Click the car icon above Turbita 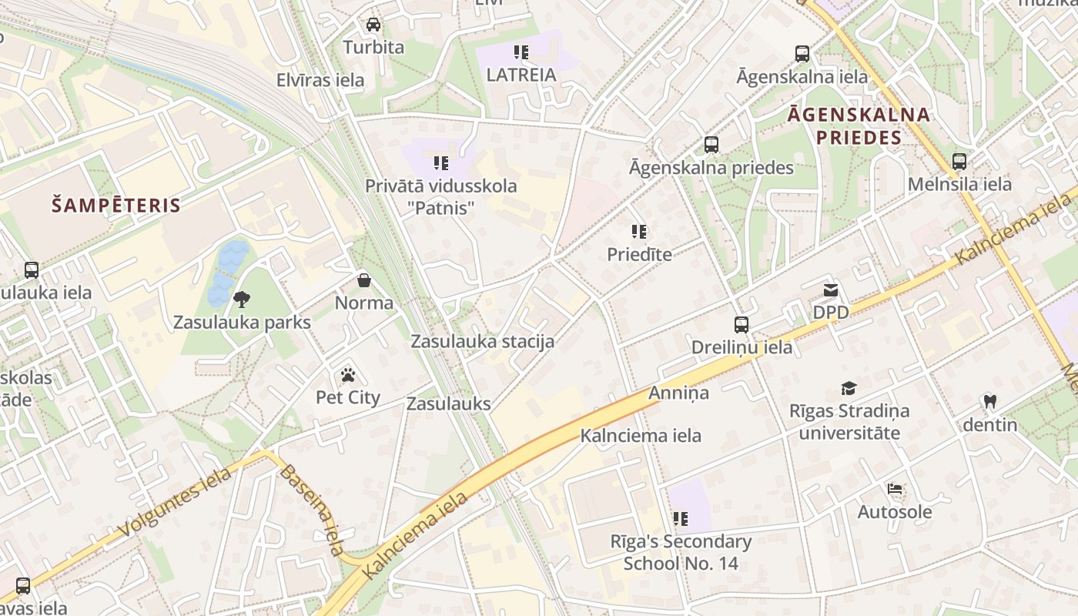click(x=373, y=24)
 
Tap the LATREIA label click(x=521, y=75)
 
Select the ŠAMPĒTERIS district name click(x=115, y=206)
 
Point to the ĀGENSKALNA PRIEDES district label click(x=859, y=126)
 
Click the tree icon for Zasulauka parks click(x=242, y=299)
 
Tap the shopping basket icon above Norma click(x=364, y=280)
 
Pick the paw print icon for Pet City click(x=348, y=375)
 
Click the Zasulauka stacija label click(x=482, y=341)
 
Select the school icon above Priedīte click(x=638, y=231)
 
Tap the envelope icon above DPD click(x=831, y=290)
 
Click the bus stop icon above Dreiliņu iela click(x=742, y=324)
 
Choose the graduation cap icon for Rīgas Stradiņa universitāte click(x=849, y=388)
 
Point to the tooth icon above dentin click(x=990, y=401)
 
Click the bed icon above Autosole click(x=895, y=489)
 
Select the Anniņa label click(x=678, y=393)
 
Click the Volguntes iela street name click(x=176, y=503)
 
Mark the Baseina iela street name click(x=312, y=510)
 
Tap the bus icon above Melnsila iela click(x=959, y=162)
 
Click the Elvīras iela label click(x=320, y=80)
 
